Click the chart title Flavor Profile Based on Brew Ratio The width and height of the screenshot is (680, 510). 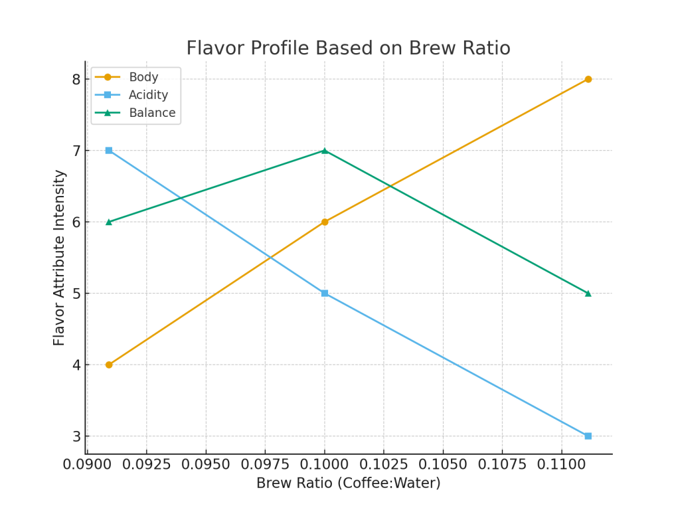click(x=348, y=48)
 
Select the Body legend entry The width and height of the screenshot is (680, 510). click(x=143, y=77)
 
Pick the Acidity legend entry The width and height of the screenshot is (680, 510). click(x=148, y=95)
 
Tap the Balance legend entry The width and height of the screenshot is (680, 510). click(x=152, y=113)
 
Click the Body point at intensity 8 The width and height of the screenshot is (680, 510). click(x=588, y=79)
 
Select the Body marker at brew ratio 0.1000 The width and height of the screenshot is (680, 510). click(x=325, y=222)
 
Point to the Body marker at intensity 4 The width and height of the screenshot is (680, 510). click(x=109, y=365)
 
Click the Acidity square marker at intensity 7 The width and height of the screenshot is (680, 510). click(x=109, y=151)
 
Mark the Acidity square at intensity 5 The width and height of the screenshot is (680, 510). click(x=325, y=293)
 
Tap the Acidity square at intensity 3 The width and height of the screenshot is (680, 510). click(x=588, y=436)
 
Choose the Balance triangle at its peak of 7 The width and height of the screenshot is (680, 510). click(x=325, y=151)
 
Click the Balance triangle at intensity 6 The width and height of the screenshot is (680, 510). click(x=109, y=222)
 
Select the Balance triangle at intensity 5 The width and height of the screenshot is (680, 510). click(x=588, y=293)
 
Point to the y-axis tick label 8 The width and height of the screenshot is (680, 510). click(x=76, y=80)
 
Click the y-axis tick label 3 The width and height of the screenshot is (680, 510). click(x=76, y=436)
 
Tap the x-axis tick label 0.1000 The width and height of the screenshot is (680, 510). click(x=325, y=464)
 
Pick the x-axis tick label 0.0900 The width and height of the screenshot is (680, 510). click(x=87, y=464)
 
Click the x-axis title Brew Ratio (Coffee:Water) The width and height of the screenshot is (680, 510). click(x=348, y=483)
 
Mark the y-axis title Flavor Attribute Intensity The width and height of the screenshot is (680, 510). click(x=60, y=257)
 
